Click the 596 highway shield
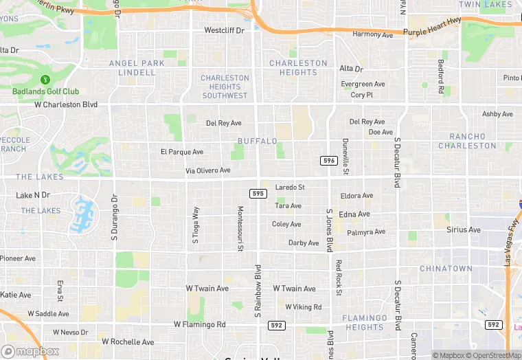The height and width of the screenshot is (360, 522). [x=328, y=161]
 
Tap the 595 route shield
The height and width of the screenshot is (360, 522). [x=258, y=194]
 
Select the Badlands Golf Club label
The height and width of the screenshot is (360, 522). [x=45, y=91]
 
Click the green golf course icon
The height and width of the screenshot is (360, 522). [x=45, y=80]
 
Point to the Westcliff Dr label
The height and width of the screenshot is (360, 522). [x=224, y=30]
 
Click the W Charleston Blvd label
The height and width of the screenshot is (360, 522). [x=66, y=105]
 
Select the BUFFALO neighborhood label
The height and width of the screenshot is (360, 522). [x=257, y=141]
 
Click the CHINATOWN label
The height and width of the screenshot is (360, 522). [x=446, y=268]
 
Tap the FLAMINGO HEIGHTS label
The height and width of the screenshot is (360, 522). [x=365, y=323]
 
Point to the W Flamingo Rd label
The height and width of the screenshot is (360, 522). [x=199, y=324]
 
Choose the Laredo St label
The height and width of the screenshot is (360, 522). [x=290, y=187]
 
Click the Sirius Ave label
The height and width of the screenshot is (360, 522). [x=464, y=229]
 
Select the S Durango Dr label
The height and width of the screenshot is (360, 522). [x=115, y=216]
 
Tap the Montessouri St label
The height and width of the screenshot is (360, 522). [x=240, y=228]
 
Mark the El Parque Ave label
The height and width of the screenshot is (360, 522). [x=182, y=152]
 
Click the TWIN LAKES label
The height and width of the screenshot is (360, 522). [x=485, y=5]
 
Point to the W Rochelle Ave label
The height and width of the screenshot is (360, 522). [x=128, y=341]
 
